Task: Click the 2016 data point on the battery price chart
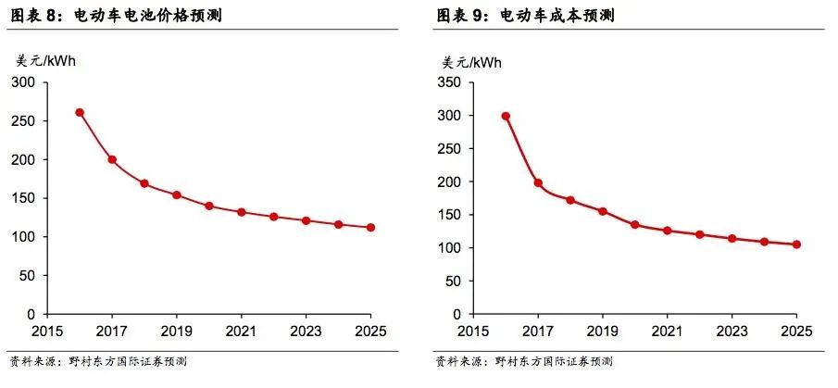pyautogui.click(x=80, y=113)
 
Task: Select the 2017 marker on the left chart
pyautogui.click(x=112, y=159)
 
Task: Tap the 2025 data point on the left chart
pyautogui.click(x=370, y=227)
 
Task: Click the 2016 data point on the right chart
pyautogui.click(x=506, y=117)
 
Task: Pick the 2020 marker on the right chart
pyautogui.click(x=634, y=224)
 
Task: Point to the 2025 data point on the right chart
pyautogui.click(x=796, y=244)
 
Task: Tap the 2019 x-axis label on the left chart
pyautogui.click(x=176, y=331)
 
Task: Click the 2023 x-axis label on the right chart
pyautogui.click(x=732, y=331)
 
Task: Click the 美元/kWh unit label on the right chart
pyautogui.click(x=471, y=62)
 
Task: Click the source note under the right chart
pyautogui.click(x=523, y=361)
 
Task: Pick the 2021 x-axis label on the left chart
pyautogui.click(x=241, y=331)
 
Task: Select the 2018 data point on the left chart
pyautogui.click(x=144, y=183)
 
